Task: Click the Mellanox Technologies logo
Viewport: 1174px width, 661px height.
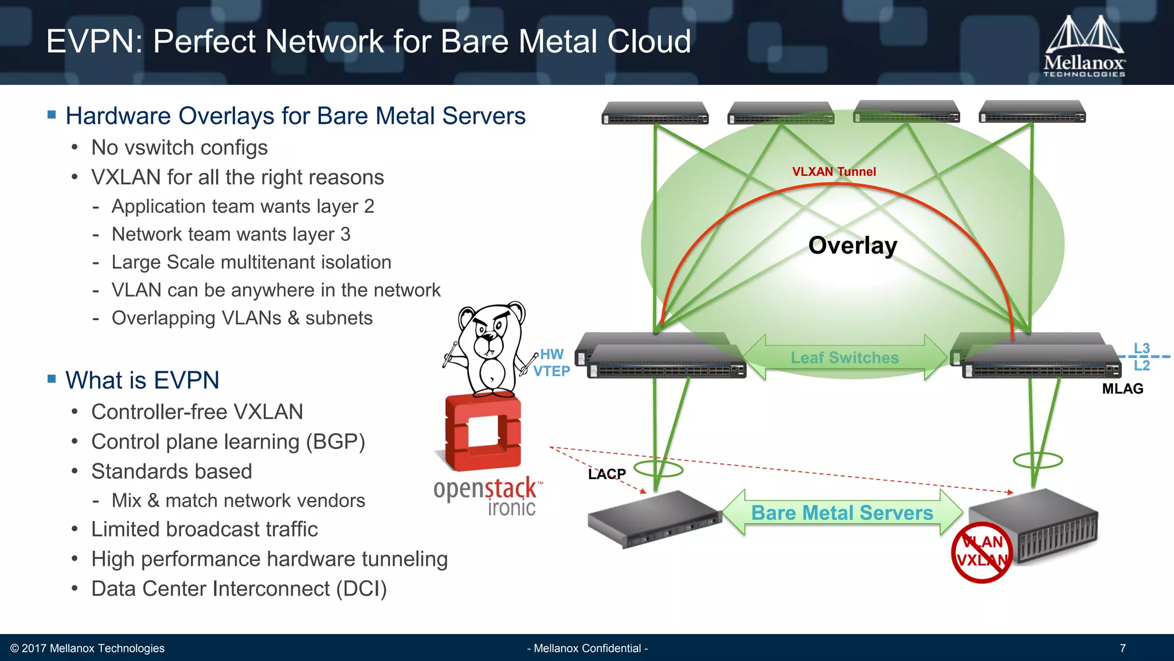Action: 1084,47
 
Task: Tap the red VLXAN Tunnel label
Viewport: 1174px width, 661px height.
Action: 833,172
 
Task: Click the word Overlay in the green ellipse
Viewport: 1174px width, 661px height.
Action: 852,246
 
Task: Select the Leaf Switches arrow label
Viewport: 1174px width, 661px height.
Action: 844,357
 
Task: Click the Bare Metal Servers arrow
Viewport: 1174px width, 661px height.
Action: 842,512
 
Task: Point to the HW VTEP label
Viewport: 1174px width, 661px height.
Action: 551,363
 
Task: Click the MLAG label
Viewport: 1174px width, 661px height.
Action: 1122,389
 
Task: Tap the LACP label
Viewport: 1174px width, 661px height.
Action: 606,474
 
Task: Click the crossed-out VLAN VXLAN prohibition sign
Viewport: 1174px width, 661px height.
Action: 982,552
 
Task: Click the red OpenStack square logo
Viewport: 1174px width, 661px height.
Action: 483,431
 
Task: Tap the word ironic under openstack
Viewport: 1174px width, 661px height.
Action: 511,508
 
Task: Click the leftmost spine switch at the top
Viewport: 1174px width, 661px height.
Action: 655,113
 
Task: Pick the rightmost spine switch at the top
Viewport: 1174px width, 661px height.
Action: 1032,112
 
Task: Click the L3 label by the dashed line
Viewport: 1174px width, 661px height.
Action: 1141,348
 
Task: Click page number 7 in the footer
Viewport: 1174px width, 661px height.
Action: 1122,648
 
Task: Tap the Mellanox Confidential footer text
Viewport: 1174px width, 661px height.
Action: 587,648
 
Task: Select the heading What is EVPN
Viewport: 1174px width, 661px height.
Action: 142,380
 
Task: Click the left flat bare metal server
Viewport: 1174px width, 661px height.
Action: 653,519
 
